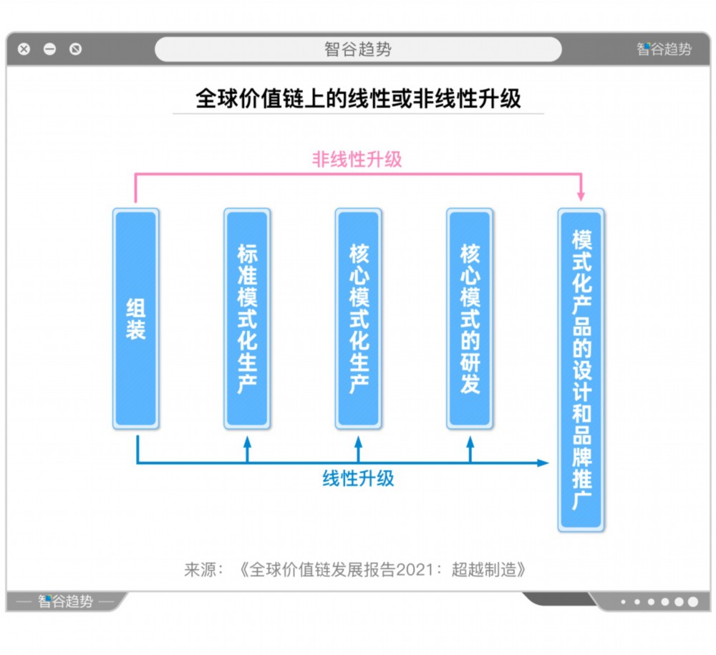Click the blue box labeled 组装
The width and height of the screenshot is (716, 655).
point(135,319)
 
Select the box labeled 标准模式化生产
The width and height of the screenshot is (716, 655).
point(247,319)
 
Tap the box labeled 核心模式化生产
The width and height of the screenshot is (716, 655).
point(359,319)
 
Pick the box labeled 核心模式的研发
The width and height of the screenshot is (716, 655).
point(470,319)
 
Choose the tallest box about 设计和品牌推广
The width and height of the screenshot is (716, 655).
point(581,370)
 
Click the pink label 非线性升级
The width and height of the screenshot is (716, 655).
point(357,160)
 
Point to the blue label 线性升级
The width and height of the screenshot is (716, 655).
point(359,479)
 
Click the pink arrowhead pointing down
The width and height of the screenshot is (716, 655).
point(581,196)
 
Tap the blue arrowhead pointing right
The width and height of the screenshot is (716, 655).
point(543,463)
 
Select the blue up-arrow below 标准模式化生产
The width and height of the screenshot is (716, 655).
point(248,449)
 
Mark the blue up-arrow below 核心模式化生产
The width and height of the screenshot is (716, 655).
point(359,449)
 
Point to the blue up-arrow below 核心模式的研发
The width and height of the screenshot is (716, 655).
point(470,449)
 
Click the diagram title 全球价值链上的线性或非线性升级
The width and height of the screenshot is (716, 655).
point(359,98)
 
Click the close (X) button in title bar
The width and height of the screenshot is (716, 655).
point(24,49)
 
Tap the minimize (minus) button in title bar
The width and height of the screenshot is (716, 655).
point(50,49)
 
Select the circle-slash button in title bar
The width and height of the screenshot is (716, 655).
point(75,49)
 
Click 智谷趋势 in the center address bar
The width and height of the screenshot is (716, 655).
point(358,49)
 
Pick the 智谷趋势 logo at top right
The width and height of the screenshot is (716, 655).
point(664,49)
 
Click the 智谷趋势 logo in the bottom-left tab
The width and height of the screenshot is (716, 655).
point(65,601)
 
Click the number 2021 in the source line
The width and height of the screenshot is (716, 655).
point(414,570)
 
